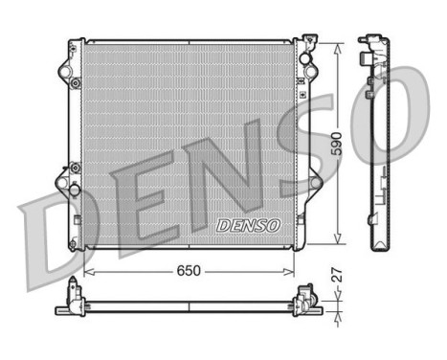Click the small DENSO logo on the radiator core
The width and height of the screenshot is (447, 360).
tap(247, 225)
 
